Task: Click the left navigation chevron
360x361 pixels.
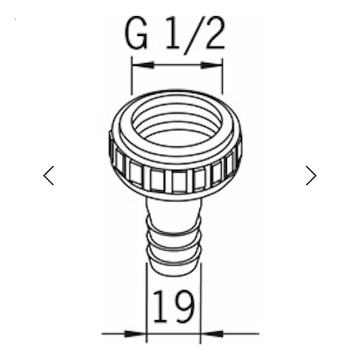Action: coord(49,175)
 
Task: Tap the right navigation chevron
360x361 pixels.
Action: coord(310,175)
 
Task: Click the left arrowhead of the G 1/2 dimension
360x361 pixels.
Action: coord(139,63)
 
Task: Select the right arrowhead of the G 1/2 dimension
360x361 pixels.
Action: coord(214,63)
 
